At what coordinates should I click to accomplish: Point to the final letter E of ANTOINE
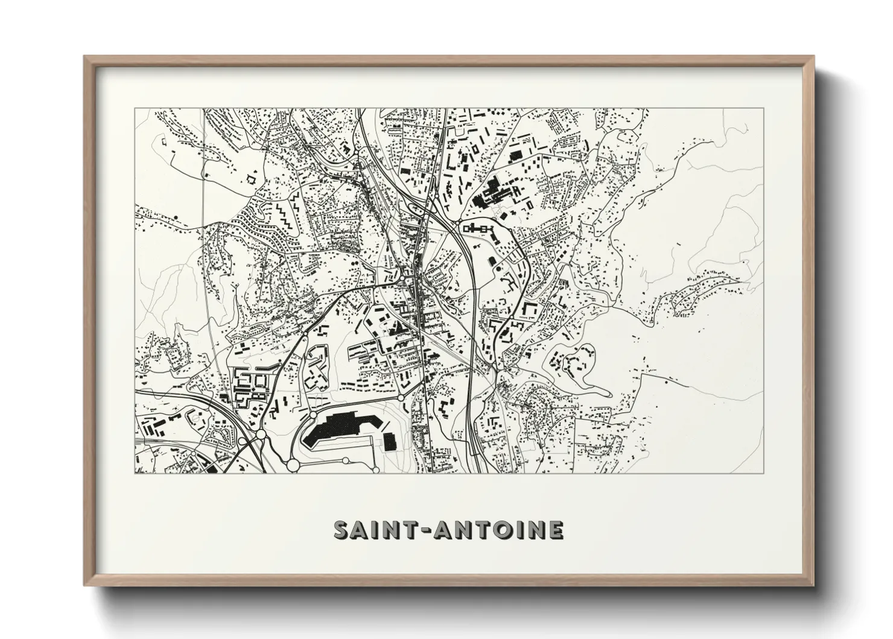click(556, 530)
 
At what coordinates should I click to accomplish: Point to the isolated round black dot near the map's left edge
click(175, 216)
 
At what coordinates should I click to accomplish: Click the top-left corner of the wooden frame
click(85, 57)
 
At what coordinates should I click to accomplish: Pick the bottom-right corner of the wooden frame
click(813, 585)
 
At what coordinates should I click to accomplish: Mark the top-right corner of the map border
click(763, 109)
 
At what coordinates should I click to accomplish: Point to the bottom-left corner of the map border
click(135, 474)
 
